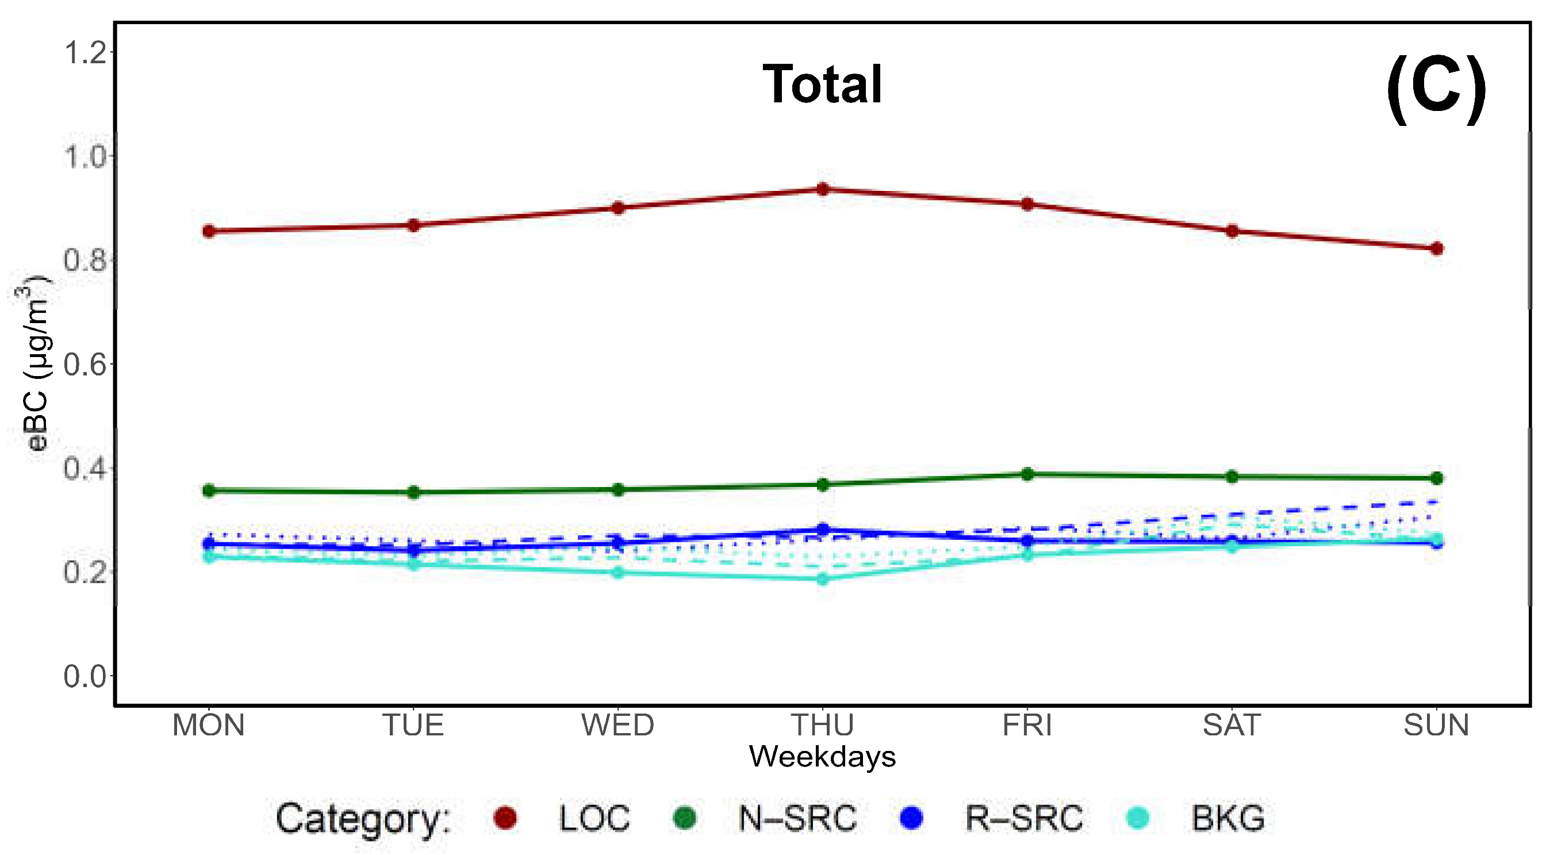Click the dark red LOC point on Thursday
(823, 190)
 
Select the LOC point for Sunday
(1436, 248)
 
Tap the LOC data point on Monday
(209, 232)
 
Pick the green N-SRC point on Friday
(1027, 474)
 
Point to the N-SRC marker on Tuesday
(413, 493)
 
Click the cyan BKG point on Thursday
(823, 579)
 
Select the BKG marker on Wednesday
(618, 573)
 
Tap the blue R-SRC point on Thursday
(823, 529)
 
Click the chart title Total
(822, 85)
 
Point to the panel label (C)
(1436, 90)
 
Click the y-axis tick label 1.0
(85, 157)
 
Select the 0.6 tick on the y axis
(85, 365)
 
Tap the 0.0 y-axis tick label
(85, 677)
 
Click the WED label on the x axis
(617, 725)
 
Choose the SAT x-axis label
(1232, 725)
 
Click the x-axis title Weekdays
(822, 756)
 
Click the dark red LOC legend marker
(505, 818)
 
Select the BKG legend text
(1228, 818)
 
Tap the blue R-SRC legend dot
(911, 818)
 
